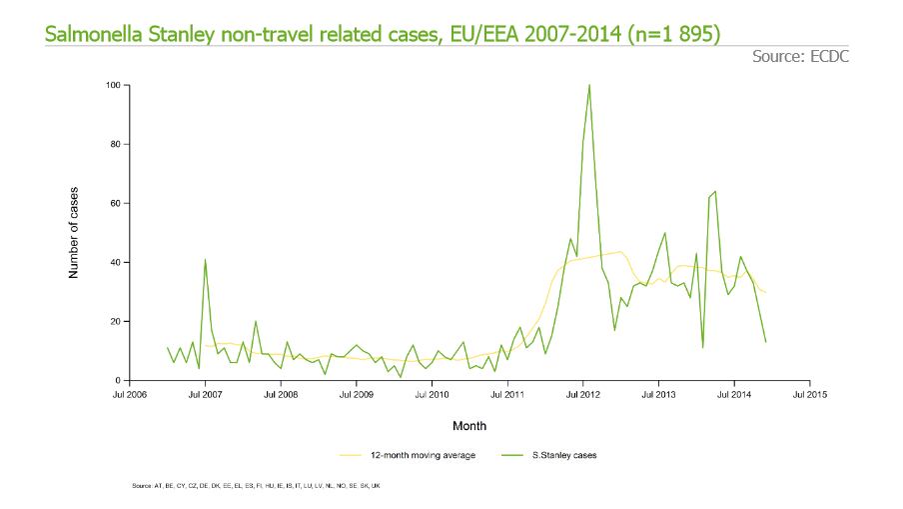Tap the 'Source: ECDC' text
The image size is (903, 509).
point(799,57)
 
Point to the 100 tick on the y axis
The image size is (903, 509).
point(113,86)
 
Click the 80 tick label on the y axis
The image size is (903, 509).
point(115,145)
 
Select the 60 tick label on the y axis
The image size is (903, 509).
point(115,204)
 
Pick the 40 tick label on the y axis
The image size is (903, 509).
point(115,263)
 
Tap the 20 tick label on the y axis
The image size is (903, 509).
point(115,322)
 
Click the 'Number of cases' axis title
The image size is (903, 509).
point(74,232)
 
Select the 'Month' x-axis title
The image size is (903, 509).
point(469,426)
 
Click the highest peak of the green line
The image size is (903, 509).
point(589,86)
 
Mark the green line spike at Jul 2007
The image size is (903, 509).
point(205,261)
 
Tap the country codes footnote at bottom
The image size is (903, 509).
point(256,486)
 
